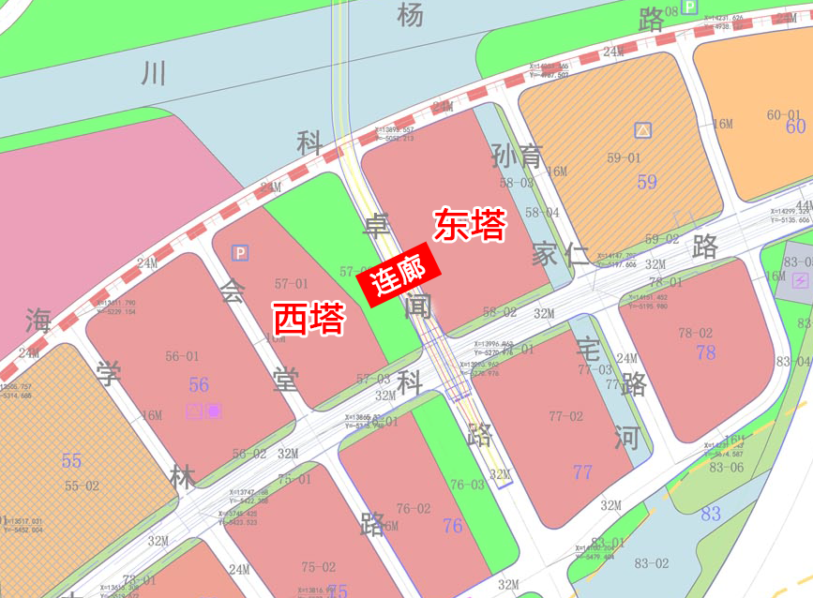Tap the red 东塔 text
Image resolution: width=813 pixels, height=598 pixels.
[469, 225]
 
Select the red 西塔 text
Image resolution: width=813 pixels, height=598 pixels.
[309, 319]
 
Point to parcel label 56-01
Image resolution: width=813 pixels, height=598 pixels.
[182, 356]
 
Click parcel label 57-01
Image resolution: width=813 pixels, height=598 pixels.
[291, 283]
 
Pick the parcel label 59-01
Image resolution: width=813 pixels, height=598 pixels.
[624, 158]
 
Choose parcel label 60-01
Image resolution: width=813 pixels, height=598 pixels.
[784, 115]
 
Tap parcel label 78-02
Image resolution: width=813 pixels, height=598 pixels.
[695, 333]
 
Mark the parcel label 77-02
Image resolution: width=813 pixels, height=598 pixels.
[565, 416]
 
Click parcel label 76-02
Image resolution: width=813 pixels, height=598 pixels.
[414, 509]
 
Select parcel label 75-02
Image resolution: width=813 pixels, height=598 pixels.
[318, 567]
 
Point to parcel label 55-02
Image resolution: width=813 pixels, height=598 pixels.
[82, 486]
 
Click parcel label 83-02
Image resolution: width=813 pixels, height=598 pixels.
[652, 563]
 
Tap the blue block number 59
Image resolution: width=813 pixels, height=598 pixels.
[647, 182]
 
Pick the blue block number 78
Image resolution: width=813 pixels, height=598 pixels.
[706, 352]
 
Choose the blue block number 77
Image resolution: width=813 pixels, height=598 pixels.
[582, 471]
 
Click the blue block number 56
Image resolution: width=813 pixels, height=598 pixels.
[199, 384]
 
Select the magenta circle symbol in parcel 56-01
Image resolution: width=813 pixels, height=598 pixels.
[213, 411]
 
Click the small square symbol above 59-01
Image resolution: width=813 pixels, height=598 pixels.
[642, 129]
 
